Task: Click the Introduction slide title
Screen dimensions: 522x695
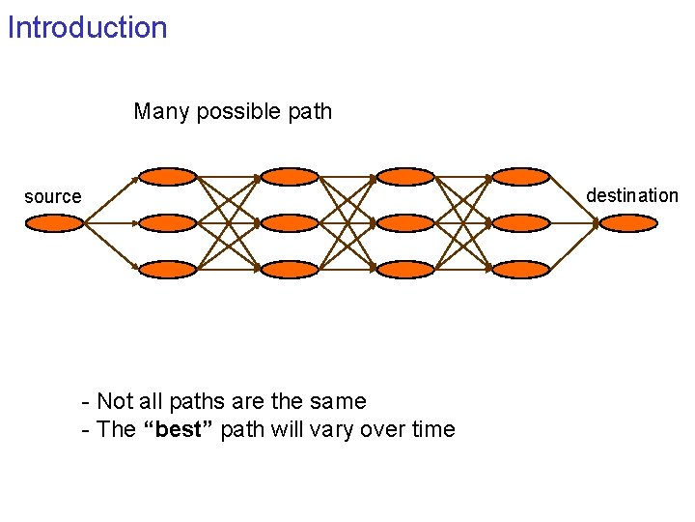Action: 87,27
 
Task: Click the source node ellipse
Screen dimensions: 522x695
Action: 54,223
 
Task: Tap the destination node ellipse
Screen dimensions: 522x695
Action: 627,223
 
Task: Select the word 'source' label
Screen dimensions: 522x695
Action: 53,197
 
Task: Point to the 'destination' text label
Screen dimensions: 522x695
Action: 632,195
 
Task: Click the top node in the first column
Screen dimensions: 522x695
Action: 167,176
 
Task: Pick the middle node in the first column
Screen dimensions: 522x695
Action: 167,223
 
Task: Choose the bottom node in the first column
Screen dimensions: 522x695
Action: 167,270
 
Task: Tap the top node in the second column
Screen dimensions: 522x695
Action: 290,176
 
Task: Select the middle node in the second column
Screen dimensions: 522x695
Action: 290,223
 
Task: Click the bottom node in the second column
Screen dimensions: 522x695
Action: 290,270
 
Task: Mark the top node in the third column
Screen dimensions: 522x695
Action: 405,176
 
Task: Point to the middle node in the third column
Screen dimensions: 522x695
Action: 405,223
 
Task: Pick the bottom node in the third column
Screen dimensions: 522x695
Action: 405,270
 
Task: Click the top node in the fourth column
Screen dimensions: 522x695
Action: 520,176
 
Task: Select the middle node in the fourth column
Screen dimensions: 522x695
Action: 520,223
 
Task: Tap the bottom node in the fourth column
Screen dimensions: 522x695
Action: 520,270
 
